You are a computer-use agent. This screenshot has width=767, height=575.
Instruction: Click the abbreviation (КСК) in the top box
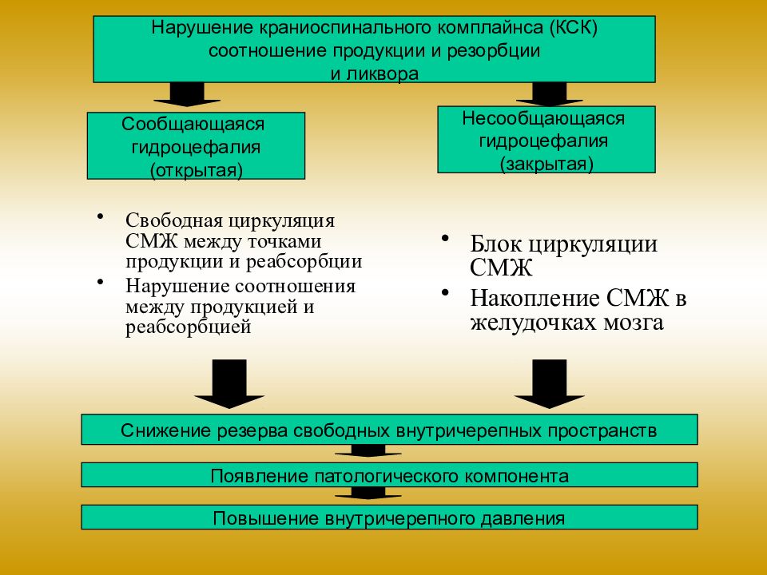pyautogui.click(x=574, y=27)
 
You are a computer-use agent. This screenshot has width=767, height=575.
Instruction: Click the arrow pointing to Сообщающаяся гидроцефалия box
pyautogui.click(x=187, y=94)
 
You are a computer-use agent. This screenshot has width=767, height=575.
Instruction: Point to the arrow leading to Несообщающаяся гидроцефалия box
pyautogui.click(x=550, y=94)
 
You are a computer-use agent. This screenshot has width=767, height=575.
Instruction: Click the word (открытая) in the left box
pyautogui.click(x=197, y=170)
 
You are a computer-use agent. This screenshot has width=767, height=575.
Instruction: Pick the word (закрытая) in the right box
pyautogui.click(x=546, y=164)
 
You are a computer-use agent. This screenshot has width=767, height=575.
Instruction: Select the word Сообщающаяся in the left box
pyautogui.click(x=193, y=125)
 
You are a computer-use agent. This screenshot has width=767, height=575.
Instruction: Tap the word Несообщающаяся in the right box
pyautogui.click(x=543, y=118)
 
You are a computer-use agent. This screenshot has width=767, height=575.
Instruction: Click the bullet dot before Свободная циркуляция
pyautogui.click(x=101, y=216)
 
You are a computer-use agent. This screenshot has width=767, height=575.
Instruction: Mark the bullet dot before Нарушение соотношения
pyautogui.click(x=101, y=282)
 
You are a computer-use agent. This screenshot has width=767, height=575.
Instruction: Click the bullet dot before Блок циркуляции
pyautogui.click(x=445, y=238)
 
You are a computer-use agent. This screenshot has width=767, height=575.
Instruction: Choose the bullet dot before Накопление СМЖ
pyautogui.click(x=445, y=292)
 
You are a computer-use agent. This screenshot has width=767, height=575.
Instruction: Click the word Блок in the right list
pyautogui.click(x=495, y=244)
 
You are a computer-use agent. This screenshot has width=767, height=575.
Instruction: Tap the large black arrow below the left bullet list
pyautogui.click(x=229, y=384)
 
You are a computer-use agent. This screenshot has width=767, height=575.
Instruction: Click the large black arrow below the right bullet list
pyautogui.click(x=549, y=384)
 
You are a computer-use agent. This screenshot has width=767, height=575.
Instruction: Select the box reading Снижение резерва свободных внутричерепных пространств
pyautogui.click(x=389, y=430)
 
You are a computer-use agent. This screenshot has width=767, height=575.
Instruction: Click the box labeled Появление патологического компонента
pyautogui.click(x=389, y=474)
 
